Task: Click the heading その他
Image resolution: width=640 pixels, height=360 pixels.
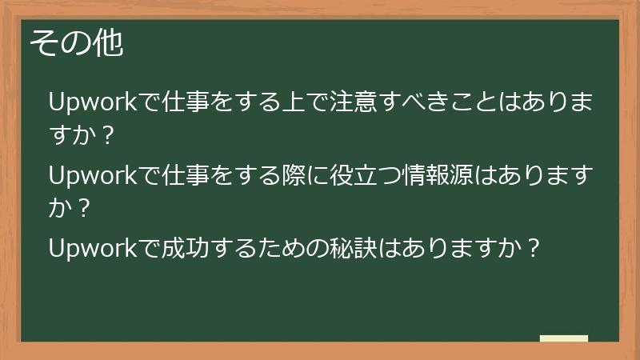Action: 77,44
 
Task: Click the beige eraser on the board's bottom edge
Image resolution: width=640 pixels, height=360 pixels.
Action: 564,338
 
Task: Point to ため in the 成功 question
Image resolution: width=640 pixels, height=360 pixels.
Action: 278,247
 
